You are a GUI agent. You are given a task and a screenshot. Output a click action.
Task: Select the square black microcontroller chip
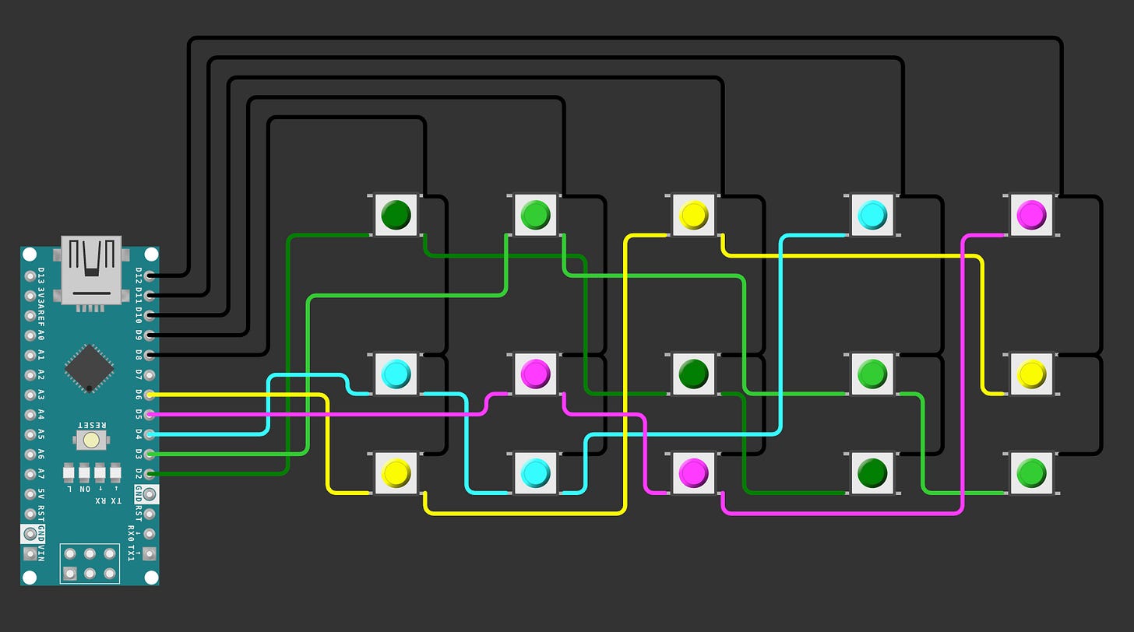point(89,367)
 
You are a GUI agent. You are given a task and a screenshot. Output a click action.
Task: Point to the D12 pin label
point(139,275)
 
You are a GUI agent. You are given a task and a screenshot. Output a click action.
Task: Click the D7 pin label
point(139,374)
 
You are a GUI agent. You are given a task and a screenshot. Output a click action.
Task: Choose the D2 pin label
point(139,473)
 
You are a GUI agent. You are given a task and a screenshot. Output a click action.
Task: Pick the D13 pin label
point(41,275)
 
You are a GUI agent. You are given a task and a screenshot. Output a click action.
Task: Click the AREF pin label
point(41,315)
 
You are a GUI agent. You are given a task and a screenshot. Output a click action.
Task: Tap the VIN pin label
point(41,553)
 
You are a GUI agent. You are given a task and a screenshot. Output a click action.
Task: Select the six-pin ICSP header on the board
point(90,564)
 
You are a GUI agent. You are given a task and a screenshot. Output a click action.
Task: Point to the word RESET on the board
point(92,425)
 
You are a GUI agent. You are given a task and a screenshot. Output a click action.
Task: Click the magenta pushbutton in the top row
point(1031,214)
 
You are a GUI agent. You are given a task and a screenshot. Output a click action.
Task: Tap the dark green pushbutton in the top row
point(396,214)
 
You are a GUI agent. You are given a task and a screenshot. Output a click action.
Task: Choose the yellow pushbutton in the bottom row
point(396,472)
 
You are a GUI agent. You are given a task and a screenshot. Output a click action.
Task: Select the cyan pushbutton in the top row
point(872,214)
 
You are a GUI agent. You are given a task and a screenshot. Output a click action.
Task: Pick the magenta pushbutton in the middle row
point(535,374)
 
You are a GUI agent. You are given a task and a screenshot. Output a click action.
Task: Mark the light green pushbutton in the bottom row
point(1031,472)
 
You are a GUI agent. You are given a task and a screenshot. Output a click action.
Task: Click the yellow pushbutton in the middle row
point(1031,374)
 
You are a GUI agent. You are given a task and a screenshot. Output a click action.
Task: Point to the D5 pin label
point(139,414)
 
